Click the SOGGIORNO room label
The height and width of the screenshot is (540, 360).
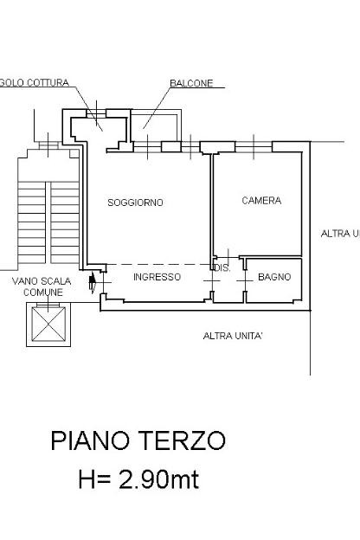(x=135, y=202)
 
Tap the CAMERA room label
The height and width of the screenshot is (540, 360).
(x=261, y=201)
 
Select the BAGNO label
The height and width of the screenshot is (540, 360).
(x=274, y=277)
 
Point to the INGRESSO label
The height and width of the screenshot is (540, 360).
(x=157, y=277)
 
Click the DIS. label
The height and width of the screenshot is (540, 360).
(x=222, y=268)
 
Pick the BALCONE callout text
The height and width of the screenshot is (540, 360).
(x=191, y=83)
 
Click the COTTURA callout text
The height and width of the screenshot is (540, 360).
(x=48, y=83)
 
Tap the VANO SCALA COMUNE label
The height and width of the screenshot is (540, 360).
(x=42, y=287)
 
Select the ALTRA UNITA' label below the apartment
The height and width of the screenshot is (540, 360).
(x=233, y=336)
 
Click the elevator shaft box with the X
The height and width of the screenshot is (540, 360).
(x=48, y=325)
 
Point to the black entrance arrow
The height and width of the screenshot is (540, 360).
(x=93, y=282)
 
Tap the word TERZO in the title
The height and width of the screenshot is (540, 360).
(x=183, y=440)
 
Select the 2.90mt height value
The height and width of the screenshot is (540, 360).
(x=159, y=479)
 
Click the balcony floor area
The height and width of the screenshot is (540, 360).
(x=154, y=126)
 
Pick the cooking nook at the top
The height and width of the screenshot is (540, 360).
(x=99, y=130)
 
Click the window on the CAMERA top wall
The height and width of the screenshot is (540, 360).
(x=254, y=147)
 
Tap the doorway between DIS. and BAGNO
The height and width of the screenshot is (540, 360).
(x=245, y=281)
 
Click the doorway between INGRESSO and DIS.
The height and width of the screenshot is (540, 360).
(x=212, y=281)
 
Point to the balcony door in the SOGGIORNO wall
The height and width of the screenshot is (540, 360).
(x=147, y=147)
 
